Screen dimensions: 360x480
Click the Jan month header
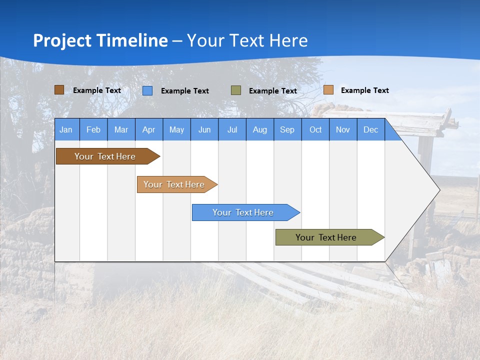point(66,129)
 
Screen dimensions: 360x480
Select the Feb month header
point(93,129)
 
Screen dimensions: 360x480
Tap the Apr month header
point(148,129)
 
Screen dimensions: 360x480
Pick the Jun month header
point(204,129)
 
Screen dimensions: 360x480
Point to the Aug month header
point(259,129)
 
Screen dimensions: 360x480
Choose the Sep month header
point(287,129)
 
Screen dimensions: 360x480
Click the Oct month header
point(315,129)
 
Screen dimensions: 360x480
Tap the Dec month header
point(370,129)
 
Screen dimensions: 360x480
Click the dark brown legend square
point(59,90)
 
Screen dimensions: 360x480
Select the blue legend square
point(147,90)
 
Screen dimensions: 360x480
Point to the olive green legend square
point(236,90)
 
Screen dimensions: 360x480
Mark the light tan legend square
point(328,90)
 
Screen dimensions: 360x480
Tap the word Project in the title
point(62,40)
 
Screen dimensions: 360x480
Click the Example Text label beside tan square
point(364,90)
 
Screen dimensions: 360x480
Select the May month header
point(176,129)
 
